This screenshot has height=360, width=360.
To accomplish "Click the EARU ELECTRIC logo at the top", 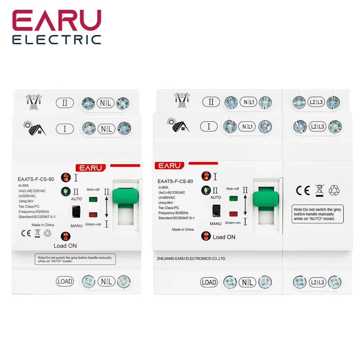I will (x=57, y=27).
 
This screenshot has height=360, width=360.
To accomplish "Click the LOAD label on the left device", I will (x=65, y=282).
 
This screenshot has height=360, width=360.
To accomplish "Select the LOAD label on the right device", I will (x=209, y=282).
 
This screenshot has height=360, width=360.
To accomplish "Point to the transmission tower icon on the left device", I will (x=33, y=102).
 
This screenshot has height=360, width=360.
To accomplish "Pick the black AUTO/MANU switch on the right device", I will (x=216, y=211).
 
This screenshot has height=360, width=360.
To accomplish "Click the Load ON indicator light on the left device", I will (x=66, y=237).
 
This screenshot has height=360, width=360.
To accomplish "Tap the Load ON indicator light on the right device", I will (x=206, y=236).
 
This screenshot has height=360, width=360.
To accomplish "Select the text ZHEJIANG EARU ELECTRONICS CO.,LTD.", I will (x=191, y=258).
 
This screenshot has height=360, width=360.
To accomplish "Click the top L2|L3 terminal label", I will (x=316, y=102).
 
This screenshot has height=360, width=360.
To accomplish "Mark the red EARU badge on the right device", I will (x=169, y=166).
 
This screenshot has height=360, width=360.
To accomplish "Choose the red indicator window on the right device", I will (x=233, y=214).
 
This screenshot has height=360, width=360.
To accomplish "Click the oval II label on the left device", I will (x=65, y=103).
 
